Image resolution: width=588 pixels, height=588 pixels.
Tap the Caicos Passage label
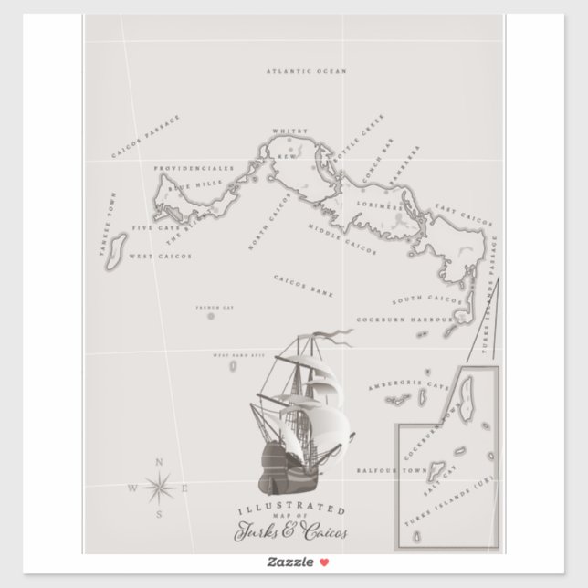145,136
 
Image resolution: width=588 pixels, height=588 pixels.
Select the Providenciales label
194,169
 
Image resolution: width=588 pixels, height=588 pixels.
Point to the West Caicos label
160,257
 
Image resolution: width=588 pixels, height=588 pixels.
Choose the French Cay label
215,309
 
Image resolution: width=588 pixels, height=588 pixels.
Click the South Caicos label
426,299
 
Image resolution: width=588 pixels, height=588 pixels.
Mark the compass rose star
161,488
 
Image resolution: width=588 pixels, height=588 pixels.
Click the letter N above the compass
161,461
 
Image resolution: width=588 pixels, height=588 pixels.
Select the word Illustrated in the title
291,509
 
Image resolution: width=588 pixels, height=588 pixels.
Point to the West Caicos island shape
116,250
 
